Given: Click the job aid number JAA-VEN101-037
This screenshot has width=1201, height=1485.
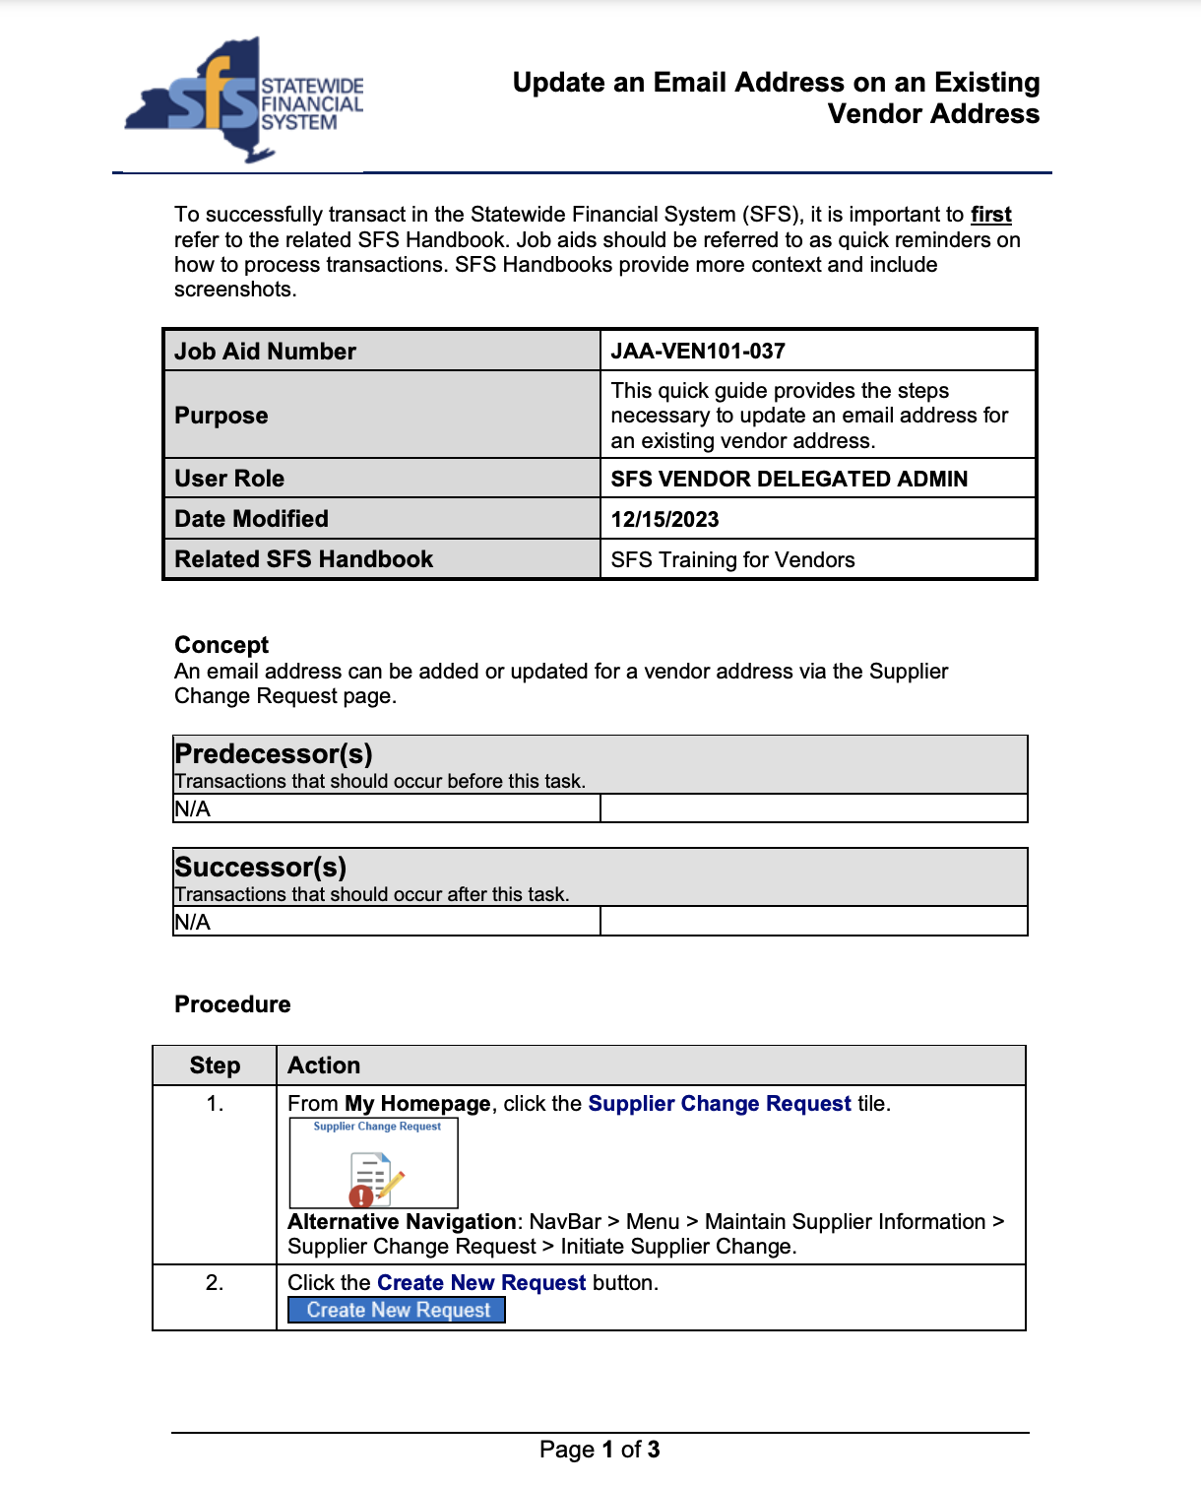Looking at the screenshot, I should (698, 352).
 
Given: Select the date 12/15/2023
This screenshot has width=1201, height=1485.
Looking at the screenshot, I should (664, 520).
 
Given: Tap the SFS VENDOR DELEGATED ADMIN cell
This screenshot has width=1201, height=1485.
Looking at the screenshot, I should (789, 480).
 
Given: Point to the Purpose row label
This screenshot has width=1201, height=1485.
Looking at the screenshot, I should (221, 416).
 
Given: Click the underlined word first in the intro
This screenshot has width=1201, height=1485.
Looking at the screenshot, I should (990, 215).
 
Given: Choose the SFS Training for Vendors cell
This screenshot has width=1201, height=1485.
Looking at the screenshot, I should (732, 560).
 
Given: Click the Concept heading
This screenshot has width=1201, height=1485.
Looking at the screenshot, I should (221, 645).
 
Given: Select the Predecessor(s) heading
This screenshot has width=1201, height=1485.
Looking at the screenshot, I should (274, 754).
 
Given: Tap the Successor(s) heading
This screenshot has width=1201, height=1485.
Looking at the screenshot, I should (261, 868).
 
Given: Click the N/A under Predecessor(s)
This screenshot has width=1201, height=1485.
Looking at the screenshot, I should (193, 809).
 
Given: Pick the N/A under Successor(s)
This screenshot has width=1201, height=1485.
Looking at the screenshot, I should (193, 923).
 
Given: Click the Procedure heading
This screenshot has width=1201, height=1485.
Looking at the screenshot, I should (232, 1004).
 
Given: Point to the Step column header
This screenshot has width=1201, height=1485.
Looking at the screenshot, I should (215, 1065).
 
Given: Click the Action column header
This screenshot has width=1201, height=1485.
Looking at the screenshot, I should (324, 1065).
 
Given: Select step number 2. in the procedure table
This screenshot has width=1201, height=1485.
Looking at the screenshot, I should (215, 1283).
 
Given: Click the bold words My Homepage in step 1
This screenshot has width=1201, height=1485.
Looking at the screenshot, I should (417, 1104).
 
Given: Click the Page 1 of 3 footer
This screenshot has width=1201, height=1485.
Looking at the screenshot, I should (600, 1450).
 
